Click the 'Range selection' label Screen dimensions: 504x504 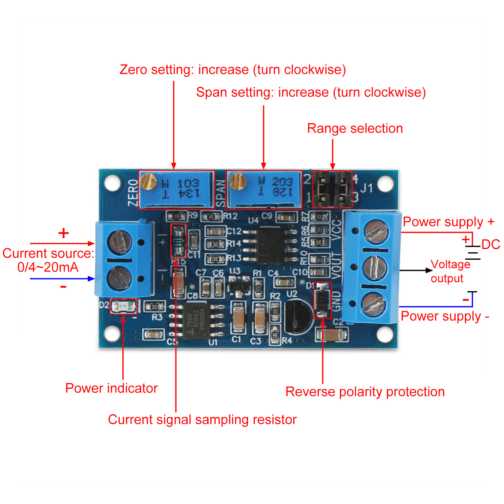click(355, 128)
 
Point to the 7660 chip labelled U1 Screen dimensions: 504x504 click(196, 321)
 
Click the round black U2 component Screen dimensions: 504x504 click(299, 317)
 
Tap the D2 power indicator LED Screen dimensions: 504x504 click(123, 306)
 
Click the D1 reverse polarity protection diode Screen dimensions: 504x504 click(323, 300)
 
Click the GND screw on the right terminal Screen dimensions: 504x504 click(373, 304)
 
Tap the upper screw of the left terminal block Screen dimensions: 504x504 click(119, 242)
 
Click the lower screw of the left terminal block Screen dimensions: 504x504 click(119, 278)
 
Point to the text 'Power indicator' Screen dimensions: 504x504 click(111, 388)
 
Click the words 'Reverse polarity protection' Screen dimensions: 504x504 click(365, 392)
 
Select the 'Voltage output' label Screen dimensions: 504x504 click(450, 271)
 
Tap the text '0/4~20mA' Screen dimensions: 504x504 click(48, 267)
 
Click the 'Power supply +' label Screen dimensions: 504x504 click(448, 222)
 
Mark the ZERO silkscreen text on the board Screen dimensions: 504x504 click(133, 192)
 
